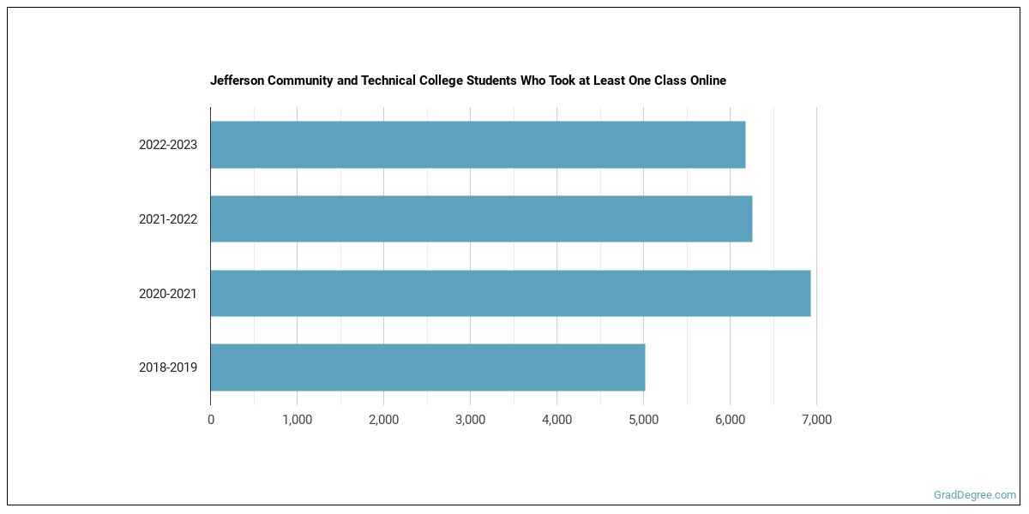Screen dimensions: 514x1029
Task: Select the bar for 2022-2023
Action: pos(478,145)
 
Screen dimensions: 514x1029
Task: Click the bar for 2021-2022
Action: pos(481,218)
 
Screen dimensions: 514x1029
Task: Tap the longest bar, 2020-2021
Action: pos(510,293)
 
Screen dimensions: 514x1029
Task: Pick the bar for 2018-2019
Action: pos(427,368)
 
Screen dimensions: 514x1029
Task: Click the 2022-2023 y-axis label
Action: pos(168,145)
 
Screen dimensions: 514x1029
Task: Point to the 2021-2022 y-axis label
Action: pos(168,219)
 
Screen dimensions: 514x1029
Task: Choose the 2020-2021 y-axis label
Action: pos(168,294)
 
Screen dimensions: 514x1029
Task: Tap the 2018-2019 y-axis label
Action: pos(168,368)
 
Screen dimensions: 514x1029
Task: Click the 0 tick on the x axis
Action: pos(211,420)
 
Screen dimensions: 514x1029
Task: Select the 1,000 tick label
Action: pos(297,420)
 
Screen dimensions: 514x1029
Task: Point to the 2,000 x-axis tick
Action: pos(383,420)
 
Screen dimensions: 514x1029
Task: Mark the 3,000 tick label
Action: pos(470,420)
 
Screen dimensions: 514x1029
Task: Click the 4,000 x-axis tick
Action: pos(557,420)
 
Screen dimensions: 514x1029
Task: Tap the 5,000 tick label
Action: pos(643,420)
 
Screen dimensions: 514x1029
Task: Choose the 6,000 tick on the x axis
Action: pos(730,420)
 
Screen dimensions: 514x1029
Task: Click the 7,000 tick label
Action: pos(816,420)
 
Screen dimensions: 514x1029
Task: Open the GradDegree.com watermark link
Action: pos(975,495)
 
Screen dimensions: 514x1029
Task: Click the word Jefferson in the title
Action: pos(238,81)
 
